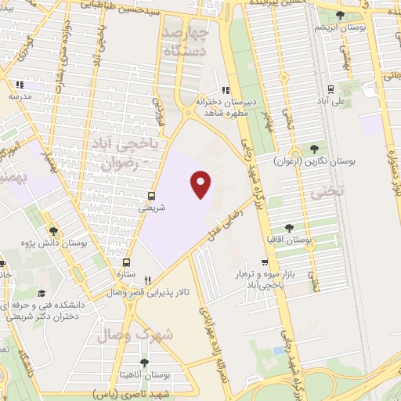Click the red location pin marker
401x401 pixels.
point(202,185)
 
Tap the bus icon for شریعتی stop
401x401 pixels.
point(151,197)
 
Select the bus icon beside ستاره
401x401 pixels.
point(127,263)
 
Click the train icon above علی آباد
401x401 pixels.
point(331,89)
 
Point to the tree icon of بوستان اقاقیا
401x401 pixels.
point(290,227)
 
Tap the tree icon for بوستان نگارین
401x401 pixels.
point(314,148)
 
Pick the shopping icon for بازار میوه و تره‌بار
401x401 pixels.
point(266,262)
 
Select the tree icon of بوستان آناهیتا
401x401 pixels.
point(143,363)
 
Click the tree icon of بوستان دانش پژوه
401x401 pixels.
point(53,231)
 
